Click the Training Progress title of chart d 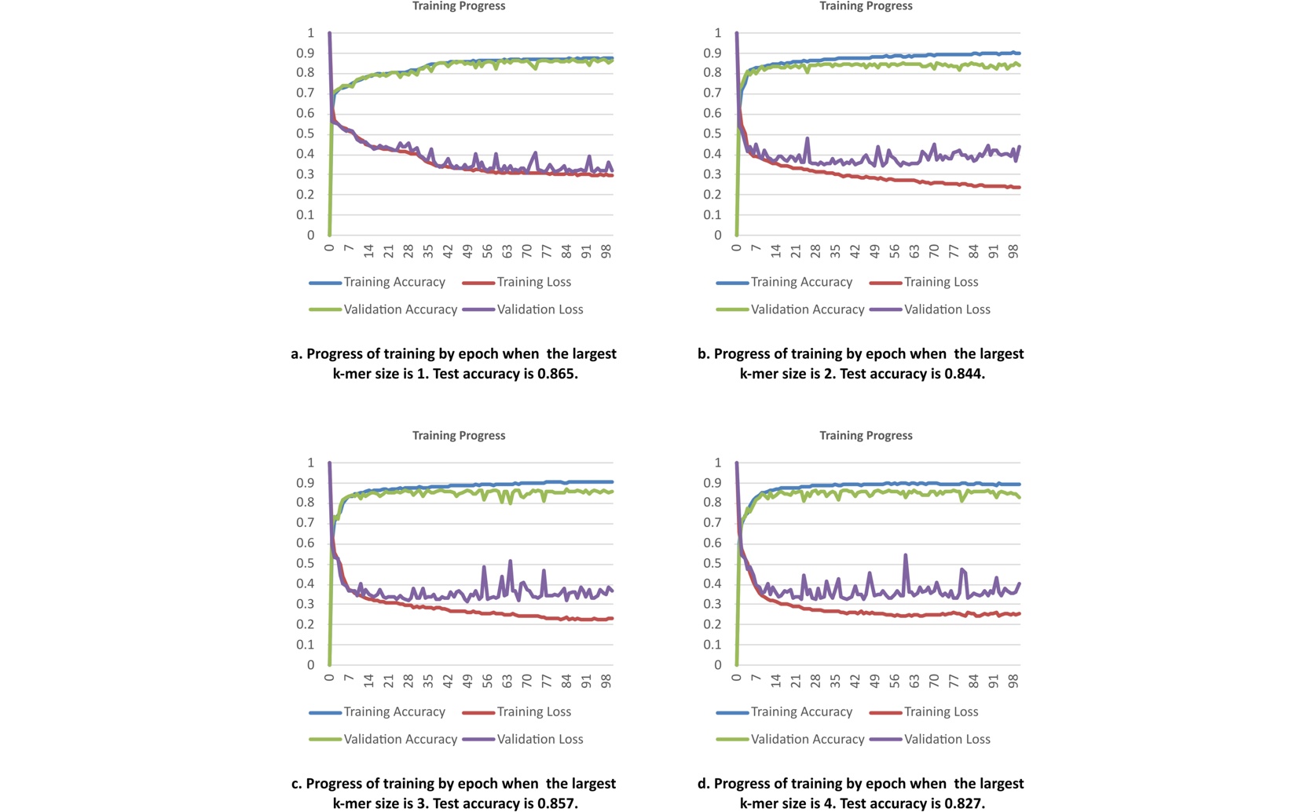866,435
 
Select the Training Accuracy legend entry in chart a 377,282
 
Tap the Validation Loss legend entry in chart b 930,309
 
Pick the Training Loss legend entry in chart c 517,711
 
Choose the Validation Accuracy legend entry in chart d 790,739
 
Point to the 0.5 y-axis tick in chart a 306,134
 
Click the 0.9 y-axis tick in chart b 712,53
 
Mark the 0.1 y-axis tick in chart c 306,645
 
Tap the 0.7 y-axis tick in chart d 712,523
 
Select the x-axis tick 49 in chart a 468,252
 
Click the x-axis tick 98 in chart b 1013,252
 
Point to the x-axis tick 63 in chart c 507,681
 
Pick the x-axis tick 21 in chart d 796,681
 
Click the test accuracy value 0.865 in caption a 557,374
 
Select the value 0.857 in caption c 557,803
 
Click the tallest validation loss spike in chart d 905,555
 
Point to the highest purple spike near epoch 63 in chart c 510,561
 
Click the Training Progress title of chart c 459,435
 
